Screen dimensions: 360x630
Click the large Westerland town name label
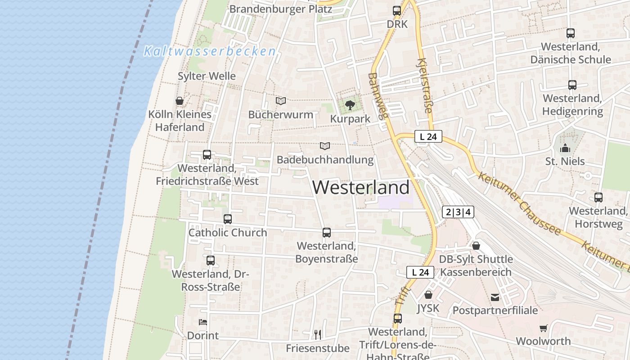click(361, 187)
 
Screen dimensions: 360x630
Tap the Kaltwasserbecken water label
click(209, 51)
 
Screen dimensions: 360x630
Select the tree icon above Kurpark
click(350, 106)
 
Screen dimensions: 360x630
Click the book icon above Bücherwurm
click(281, 101)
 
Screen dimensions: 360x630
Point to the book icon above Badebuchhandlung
click(325, 146)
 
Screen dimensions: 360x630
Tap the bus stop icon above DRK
click(397, 10)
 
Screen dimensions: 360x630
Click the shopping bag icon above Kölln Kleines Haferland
click(180, 101)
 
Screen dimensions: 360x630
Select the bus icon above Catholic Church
click(228, 219)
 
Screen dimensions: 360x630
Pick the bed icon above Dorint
click(203, 322)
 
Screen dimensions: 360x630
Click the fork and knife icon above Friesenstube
click(318, 334)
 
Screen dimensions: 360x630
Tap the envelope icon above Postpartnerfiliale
click(495, 297)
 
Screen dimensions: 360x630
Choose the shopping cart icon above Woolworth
click(544, 328)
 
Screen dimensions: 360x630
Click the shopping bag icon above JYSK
click(428, 295)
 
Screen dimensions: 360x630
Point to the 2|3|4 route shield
click(458, 212)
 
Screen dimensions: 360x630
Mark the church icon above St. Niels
click(565, 148)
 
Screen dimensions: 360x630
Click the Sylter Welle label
click(207, 76)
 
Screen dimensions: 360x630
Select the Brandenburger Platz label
click(281, 9)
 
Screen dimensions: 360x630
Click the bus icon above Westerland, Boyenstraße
click(327, 233)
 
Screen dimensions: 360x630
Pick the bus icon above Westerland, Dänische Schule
click(571, 33)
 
